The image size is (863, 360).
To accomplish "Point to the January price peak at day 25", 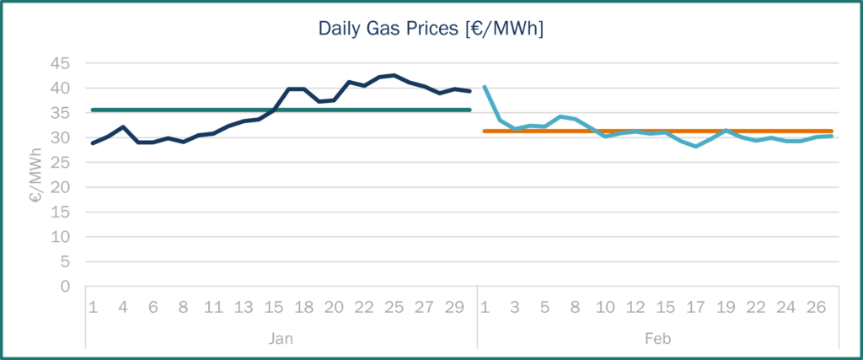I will (394, 75).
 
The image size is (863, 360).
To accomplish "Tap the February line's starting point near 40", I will (485, 87).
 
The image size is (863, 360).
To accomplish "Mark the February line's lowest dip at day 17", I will (695, 146).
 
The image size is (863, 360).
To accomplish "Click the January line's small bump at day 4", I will (123, 126).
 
